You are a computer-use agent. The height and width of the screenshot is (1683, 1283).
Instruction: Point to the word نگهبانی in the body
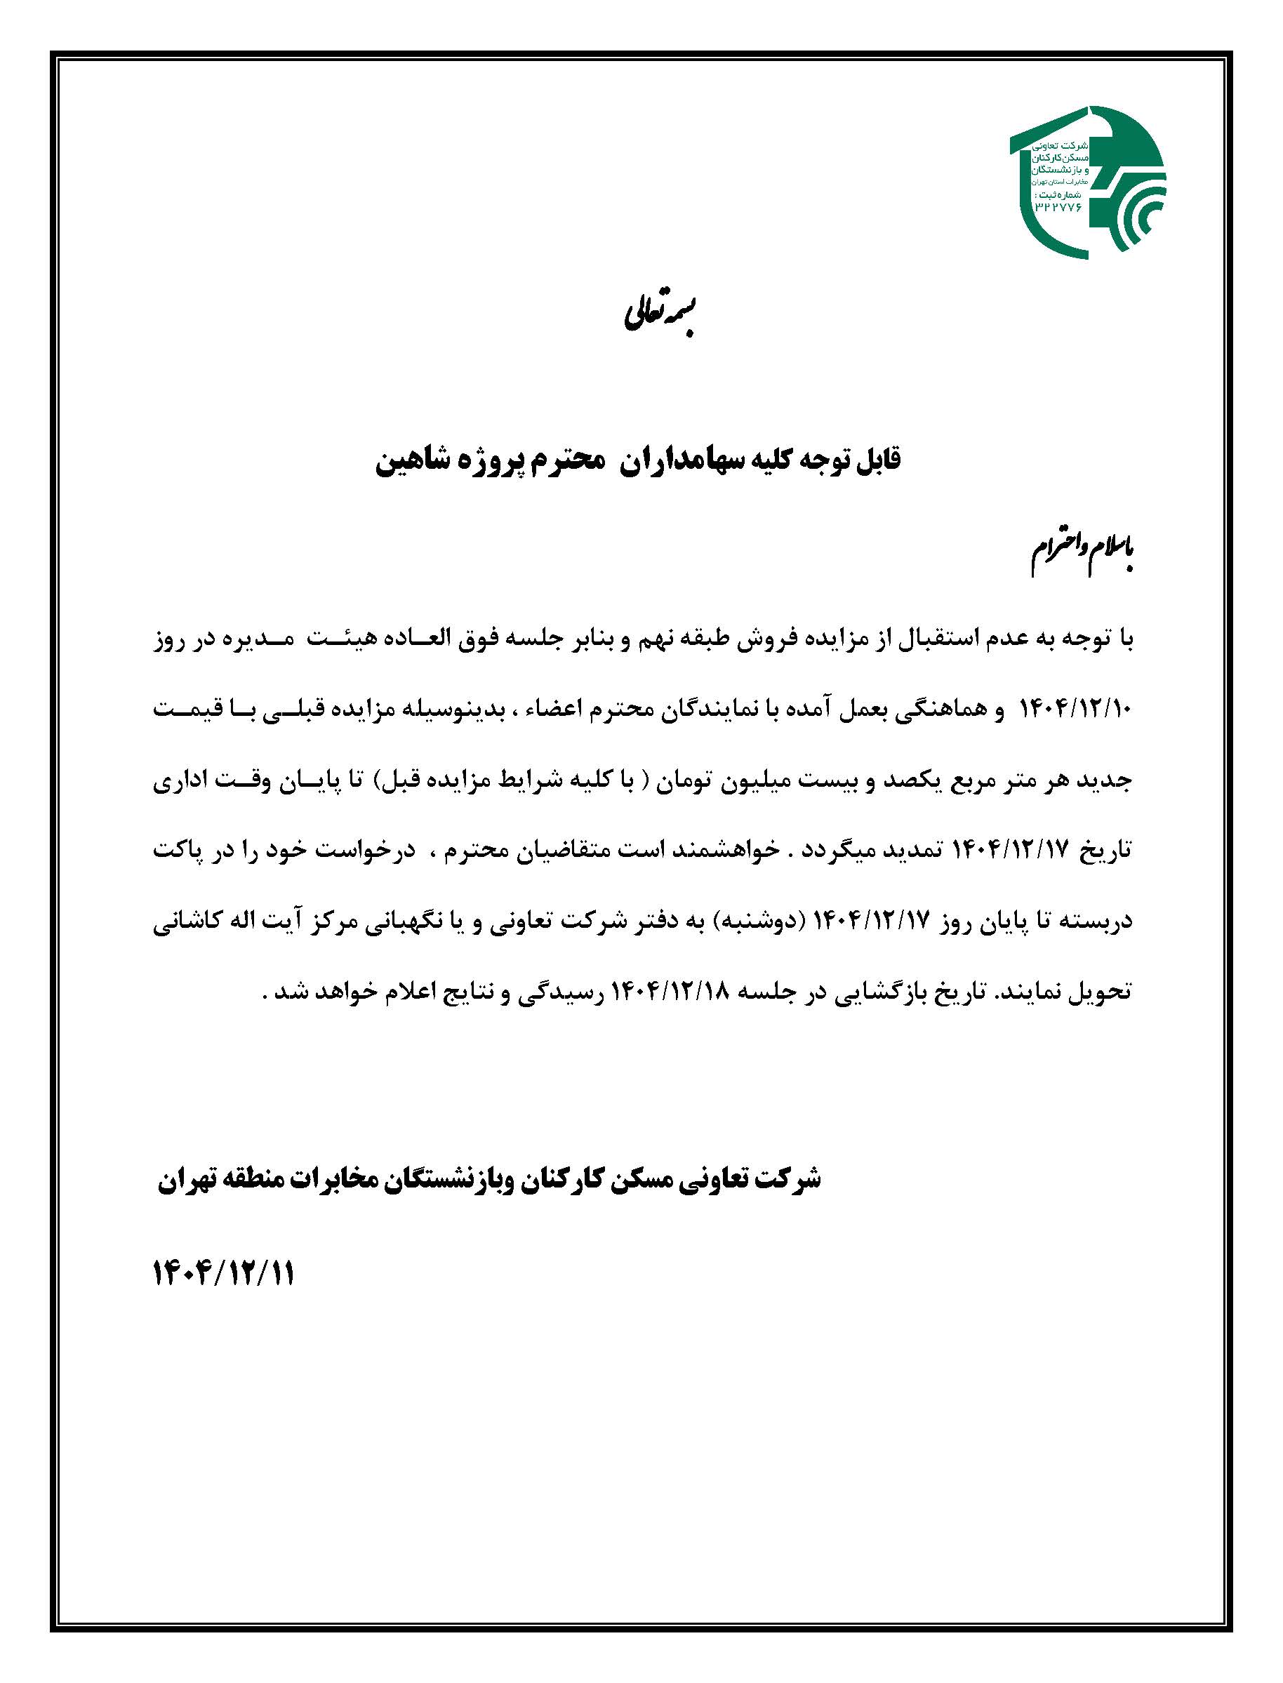tap(364, 922)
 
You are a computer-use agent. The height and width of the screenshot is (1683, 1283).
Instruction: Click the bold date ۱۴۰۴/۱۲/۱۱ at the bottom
tap(224, 1274)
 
